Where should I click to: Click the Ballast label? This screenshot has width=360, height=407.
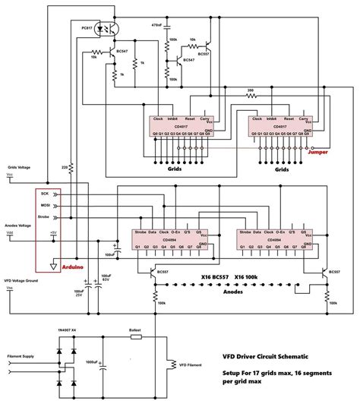tap(136, 332)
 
